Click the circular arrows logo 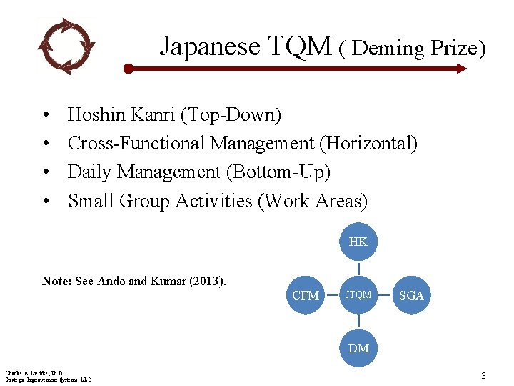click(x=66, y=46)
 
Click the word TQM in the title click(x=301, y=46)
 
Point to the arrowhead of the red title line click(x=460, y=69)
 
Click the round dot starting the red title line click(x=128, y=69)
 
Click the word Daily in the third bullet click(x=90, y=172)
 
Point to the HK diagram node click(x=358, y=242)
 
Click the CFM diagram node click(x=306, y=295)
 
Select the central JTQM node click(x=358, y=295)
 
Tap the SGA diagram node click(x=411, y=295)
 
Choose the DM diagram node click(x=358, y=348)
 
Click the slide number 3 click(x=483, y=376)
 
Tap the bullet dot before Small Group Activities click(x=45, y=202)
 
